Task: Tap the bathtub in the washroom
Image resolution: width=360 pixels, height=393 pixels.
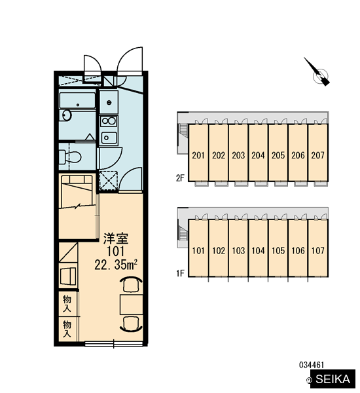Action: [77, 101]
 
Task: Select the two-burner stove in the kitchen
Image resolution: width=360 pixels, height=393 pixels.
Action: [109, 121]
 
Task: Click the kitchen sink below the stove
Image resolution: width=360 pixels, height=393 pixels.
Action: [109, 138]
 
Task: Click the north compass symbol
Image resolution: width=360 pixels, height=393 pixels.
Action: [319, 73]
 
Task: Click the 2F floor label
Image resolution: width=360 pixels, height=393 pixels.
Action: [180, 178]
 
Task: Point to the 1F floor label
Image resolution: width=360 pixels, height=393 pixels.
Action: [180, 273]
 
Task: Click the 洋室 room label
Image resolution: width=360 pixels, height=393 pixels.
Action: [116, 238]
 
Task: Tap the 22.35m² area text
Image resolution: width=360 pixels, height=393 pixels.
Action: [116, 265]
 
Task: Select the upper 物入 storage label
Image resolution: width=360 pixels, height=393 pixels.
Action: [67, 303]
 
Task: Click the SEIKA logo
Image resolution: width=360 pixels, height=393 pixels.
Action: [333, 379]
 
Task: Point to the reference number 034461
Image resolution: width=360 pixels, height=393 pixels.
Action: [312, 365]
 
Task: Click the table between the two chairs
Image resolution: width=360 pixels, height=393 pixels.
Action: [132, 305]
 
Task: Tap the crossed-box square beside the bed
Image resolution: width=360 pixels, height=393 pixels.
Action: [108, 181]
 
